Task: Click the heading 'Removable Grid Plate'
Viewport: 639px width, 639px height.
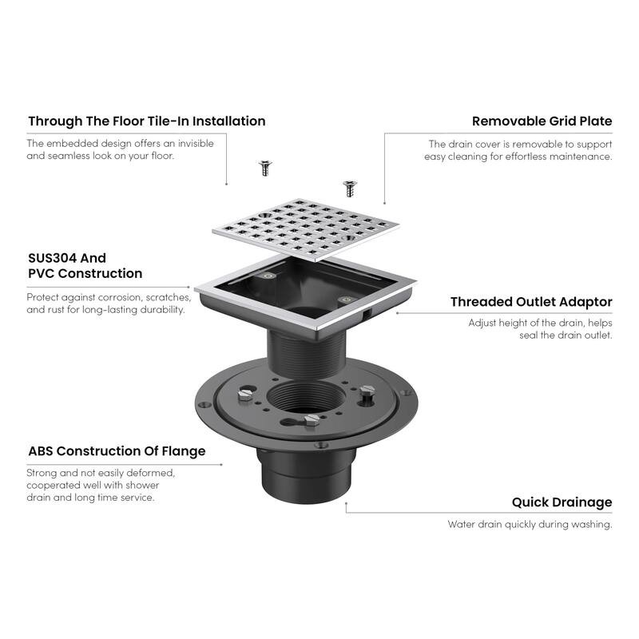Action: [542, 121]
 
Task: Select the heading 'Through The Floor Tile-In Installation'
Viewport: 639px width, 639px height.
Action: [147, 121]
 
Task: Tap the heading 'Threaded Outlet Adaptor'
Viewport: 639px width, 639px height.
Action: [531, 302]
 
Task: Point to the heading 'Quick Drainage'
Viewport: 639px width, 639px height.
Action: [562, 502]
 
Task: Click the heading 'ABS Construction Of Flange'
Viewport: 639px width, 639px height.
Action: [117, 451]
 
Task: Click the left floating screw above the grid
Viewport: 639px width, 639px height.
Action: [263, 168]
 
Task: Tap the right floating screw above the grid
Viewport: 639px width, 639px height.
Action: [348, 188]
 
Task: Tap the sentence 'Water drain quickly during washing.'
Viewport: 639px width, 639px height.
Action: [530, 525]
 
